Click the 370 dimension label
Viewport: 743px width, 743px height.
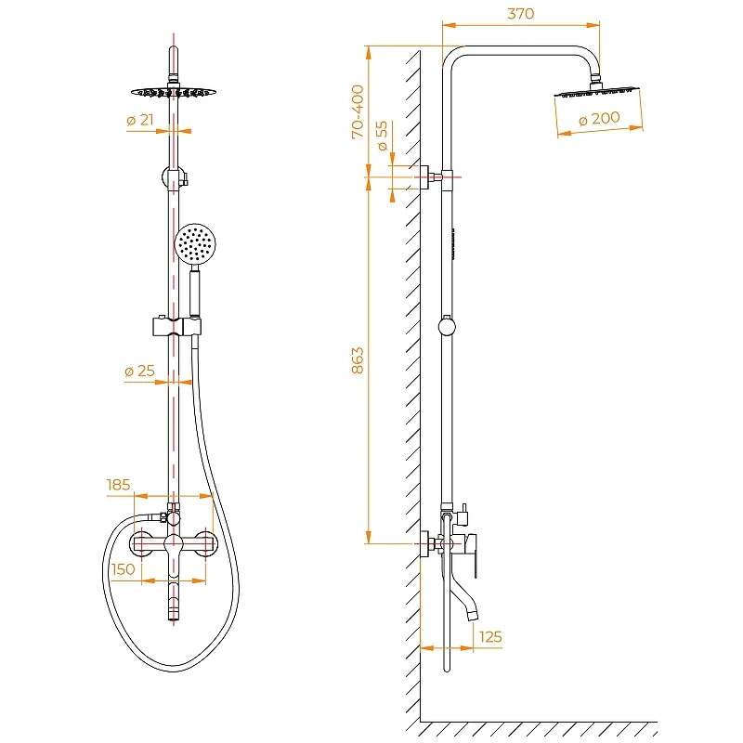click(x=521, y=14)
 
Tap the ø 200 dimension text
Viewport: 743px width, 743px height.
click(x=599, y=119)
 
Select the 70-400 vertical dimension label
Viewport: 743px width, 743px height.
click(x=358, y=111)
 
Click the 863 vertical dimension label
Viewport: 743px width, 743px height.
click(x=358, y=360)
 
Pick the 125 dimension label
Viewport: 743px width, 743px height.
click(x=491, y=636)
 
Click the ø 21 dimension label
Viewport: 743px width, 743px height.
click(x=138, y=120)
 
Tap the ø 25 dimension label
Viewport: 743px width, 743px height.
click(x=139, y=371)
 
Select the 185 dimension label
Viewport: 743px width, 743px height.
click(x=119, y=484)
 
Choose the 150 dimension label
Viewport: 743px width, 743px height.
click(x=123, y=568)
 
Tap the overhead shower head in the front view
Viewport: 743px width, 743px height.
click(x=173, y=92)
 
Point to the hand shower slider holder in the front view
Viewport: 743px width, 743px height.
click(x=175, y=326)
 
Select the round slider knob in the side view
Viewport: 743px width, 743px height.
click(x=448, y=326)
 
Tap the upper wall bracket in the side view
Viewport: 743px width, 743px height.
click(x=430, y=176)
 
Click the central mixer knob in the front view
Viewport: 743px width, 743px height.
click(x=173, y=544)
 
